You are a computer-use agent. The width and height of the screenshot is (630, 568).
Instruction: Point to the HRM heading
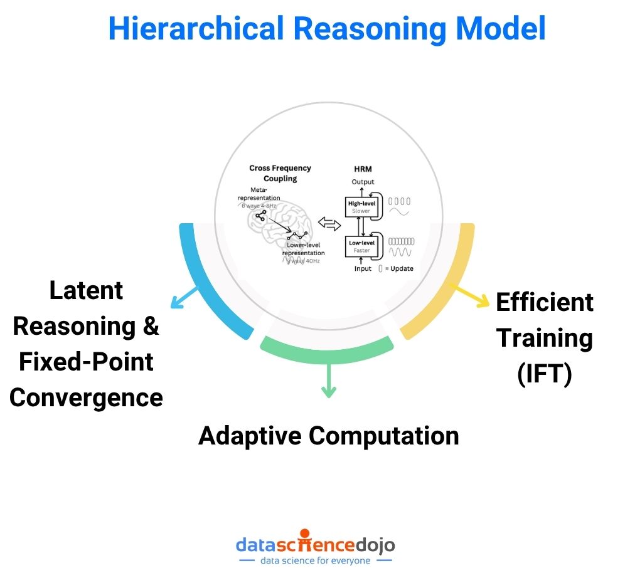(x=362, y=169)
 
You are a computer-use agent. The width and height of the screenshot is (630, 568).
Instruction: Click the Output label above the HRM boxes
(x=362, y=182)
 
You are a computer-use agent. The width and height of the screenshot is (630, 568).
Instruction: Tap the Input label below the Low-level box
(x=362, y=268)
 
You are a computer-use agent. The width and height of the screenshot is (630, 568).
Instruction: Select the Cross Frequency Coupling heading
(x=280, y=173)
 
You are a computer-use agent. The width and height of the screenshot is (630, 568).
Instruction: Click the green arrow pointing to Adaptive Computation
(x=328, y=382)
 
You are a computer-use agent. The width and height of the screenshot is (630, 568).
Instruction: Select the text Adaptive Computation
(x=328, y=435)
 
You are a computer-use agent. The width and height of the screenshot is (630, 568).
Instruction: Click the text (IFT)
(x=544, y=374)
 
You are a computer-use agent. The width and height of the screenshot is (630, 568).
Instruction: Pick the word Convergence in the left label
(x=86, y=397)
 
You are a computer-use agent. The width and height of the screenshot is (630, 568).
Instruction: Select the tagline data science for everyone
(x=315, y=560)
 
